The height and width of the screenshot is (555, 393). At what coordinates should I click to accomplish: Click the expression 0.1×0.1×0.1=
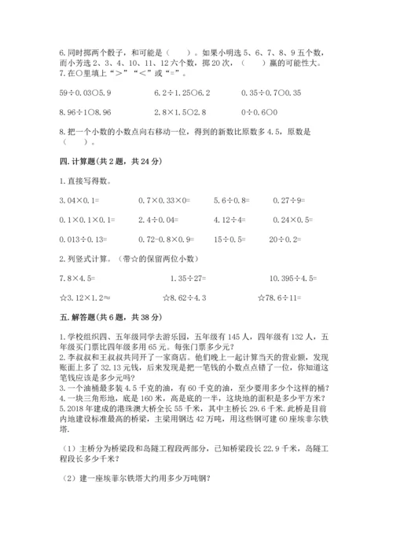click(x=87, y=219)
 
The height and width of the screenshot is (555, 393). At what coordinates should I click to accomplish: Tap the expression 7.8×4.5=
click(x=77, y=276)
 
